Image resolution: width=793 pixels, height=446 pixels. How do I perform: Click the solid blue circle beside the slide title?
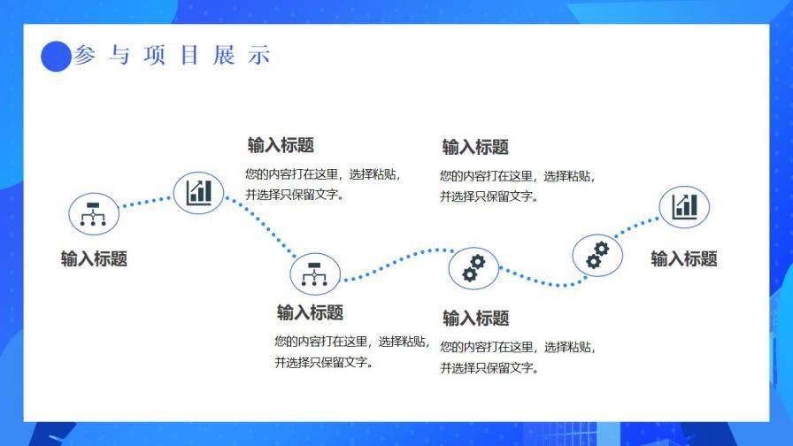point(56,57)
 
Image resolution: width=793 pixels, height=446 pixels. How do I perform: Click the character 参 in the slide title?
point(84,56)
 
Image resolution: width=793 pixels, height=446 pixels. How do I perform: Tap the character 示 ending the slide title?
point(259,56)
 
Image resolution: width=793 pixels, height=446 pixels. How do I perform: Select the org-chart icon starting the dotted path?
point(93,214)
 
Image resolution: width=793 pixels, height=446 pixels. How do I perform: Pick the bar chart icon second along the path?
point(198,192)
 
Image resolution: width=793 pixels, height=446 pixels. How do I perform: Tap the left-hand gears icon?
point(473,268)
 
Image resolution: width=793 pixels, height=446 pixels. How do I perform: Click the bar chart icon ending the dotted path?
point(684,206)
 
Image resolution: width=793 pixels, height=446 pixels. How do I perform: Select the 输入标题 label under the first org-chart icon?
point(94,258)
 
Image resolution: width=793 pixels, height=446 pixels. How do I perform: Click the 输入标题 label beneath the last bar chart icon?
point(684,258)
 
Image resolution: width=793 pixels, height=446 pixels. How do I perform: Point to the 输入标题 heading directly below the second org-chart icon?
point(310,312)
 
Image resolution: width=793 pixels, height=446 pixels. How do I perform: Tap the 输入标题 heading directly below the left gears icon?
point(475,318)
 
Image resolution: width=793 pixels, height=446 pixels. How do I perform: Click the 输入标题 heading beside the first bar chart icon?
point(281,145)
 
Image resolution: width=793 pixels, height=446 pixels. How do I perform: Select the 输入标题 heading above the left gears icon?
point(475,147)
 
